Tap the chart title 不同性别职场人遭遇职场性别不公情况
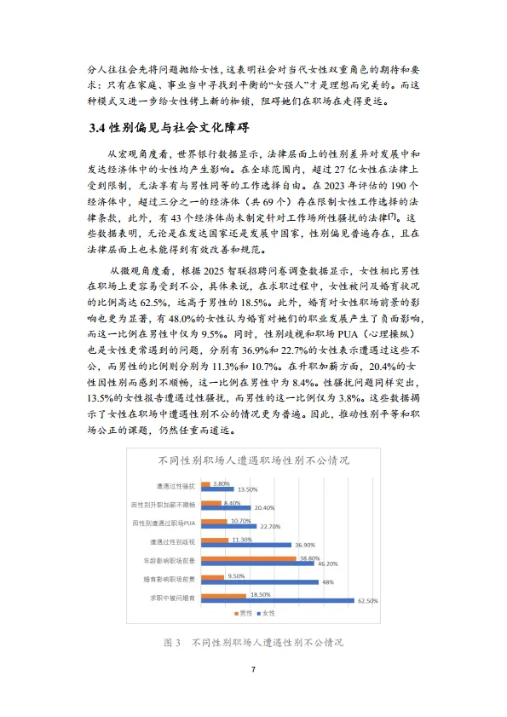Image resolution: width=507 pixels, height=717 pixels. (x=253, y=461)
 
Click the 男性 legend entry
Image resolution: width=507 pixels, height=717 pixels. (x=241, y=613)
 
